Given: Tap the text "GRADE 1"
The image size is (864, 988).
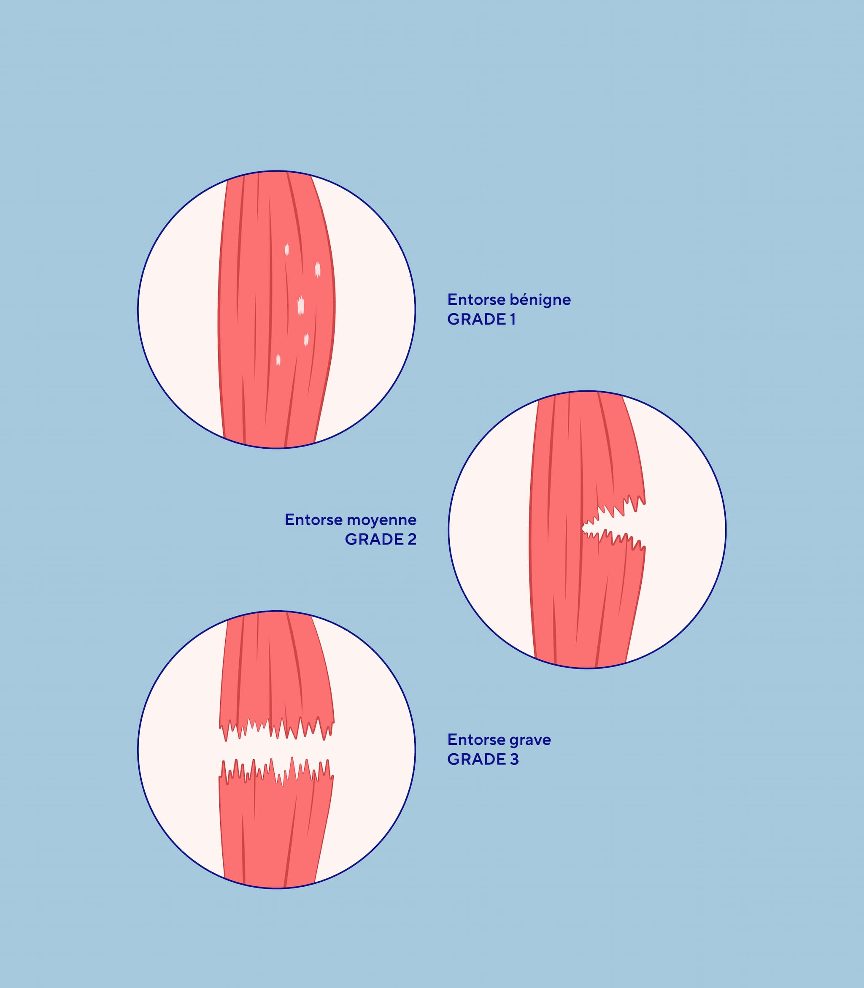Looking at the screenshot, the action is click(x=481, y=319).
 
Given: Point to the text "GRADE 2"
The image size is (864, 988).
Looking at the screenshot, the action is click(x=381, y=539).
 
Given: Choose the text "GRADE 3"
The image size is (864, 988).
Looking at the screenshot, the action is click(x=483, y=759).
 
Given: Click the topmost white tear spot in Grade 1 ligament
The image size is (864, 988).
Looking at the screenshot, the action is click(x=286, y=249).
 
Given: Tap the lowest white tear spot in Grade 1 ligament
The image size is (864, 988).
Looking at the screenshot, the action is click(x=278, y=360).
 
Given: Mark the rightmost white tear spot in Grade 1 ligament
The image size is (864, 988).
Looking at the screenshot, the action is click(x=317, y=269).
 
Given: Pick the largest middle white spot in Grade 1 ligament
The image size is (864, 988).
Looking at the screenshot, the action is click(x=301, y=306).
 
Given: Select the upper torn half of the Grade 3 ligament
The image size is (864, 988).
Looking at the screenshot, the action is click(x=276, y=675).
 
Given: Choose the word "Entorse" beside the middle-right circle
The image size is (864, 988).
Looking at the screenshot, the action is click(x=313, y=520).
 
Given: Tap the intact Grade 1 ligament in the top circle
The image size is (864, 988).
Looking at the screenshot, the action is click(x=276, y=309).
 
